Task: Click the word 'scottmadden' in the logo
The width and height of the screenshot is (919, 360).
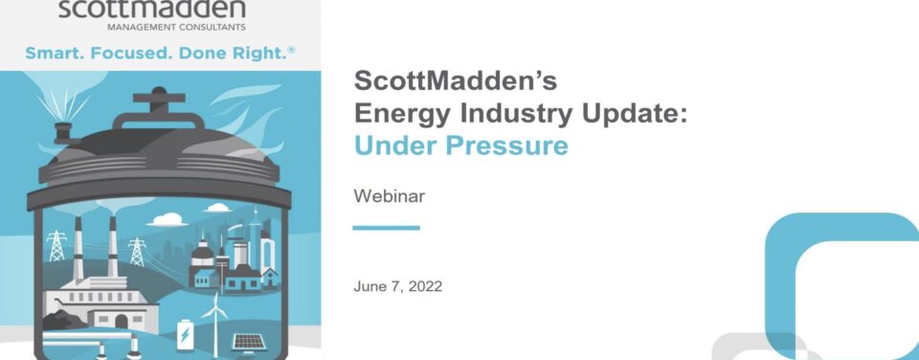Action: tap(152, 9)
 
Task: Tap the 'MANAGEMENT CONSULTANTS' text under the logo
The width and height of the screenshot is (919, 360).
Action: tap(176, 27)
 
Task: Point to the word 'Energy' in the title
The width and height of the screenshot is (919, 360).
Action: tap(403, 113)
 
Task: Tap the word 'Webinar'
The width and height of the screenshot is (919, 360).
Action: tap(390, 196)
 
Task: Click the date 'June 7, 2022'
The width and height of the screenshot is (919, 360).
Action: tap(398, 286)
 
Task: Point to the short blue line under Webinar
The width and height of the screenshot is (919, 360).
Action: tap(386, 228)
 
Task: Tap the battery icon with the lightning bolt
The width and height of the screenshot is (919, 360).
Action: tap(185, 334)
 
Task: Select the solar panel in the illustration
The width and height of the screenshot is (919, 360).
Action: tap(249, 343)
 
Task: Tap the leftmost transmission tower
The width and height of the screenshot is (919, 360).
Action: tap(56, 246)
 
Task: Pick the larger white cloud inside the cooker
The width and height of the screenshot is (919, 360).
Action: tap(168, 220)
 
